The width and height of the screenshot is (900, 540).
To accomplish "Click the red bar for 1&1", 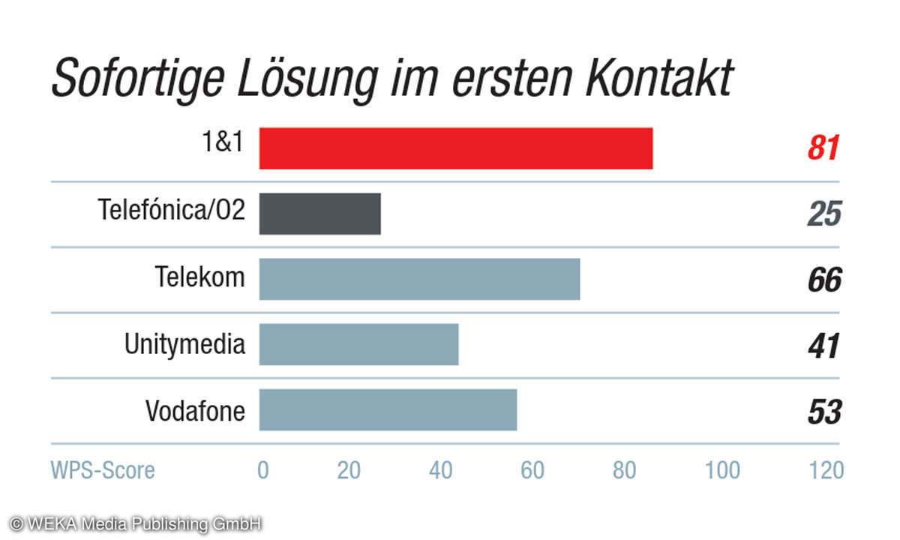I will point(455,148).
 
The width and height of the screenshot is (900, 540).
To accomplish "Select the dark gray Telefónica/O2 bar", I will point(319,214).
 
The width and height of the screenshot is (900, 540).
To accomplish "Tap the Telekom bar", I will point(419,279).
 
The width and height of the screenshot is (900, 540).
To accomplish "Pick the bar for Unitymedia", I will point(358,344).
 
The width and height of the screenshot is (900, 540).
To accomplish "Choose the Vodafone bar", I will point(388,409).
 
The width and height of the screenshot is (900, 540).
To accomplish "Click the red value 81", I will point(823,148).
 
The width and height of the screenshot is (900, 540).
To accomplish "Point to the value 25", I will point(824,214).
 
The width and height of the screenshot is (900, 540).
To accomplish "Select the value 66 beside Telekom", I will point(824,280).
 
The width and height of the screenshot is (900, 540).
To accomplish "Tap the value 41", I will point(824,345).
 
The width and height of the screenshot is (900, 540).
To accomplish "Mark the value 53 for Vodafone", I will point(824,411).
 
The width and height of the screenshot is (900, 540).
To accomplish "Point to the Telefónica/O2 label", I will point(172,209).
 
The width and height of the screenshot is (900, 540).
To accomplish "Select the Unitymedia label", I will point(184,344).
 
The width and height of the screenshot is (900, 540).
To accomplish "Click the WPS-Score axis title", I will point(103,470).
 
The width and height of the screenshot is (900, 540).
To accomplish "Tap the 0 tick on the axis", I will point(263,470).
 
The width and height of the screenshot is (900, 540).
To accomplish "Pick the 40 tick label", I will point(440,470).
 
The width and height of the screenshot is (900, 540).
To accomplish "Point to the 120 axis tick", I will point(826,470).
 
